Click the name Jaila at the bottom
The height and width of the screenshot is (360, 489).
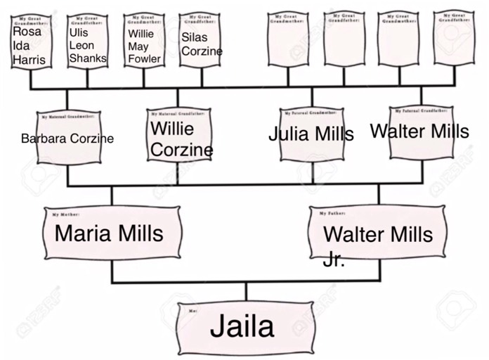pos(242,327)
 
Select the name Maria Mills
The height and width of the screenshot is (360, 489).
pos(109,233)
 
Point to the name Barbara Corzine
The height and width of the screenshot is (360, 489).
pos(67,139)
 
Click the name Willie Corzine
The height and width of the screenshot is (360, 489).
pos(181,139)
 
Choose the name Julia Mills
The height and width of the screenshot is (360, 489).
pos(311,134)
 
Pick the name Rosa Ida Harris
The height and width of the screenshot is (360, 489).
pos(29,46)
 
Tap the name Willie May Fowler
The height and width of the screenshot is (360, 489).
pos(144,46)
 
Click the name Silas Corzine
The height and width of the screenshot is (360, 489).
pos(202,44)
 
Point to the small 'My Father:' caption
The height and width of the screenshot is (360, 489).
pos(332,212)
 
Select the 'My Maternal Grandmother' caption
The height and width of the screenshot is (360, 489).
pos(67,115)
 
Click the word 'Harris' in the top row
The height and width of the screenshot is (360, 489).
pos(29,60)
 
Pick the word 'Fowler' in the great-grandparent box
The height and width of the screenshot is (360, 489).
pos(144,60)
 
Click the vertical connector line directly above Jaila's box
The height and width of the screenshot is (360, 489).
pos(245,291)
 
